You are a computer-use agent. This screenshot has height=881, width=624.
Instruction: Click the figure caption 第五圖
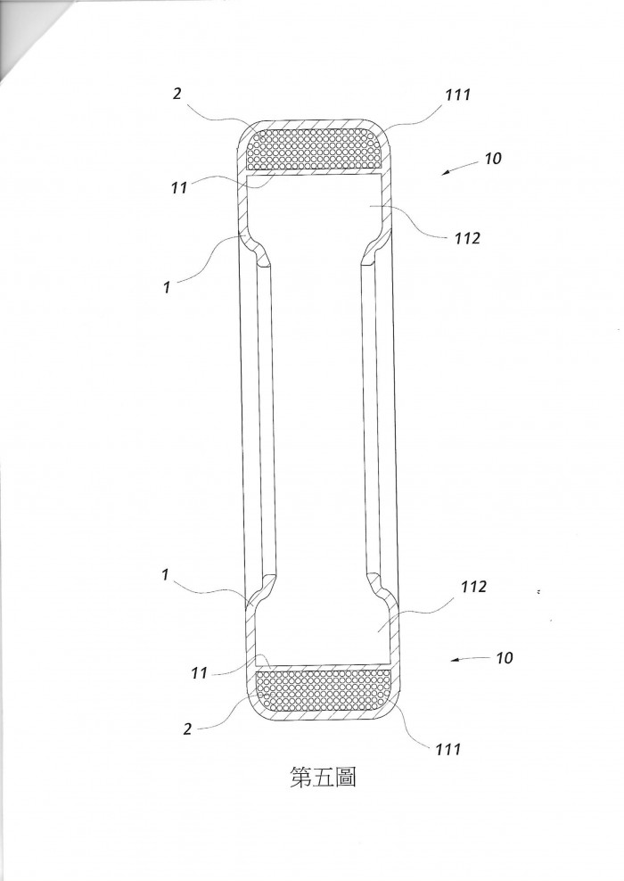(323, 777)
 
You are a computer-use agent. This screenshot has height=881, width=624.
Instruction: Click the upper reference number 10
(492, 159)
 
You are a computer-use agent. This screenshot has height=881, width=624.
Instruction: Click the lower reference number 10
(504, 657)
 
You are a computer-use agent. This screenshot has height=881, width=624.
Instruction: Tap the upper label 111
(458, 95)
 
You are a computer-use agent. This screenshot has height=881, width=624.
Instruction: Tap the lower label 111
(447, 749)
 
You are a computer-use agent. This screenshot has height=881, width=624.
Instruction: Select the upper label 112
(467, 238)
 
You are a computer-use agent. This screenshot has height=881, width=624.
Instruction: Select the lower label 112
(473, 587)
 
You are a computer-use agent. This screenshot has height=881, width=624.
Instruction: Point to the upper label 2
(177, 94)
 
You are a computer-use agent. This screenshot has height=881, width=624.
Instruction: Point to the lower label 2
(187, 729)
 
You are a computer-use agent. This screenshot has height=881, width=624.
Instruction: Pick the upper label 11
(179, 187)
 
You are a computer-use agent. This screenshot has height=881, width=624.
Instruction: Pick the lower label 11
(199, 672)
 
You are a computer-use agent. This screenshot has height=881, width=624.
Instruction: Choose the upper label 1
(166, 287)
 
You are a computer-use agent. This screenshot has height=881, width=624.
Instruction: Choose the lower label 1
(165, 575)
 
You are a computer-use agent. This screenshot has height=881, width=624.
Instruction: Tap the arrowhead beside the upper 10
(445, 173)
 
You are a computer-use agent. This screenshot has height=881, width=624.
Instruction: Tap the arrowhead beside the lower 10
(455, 660)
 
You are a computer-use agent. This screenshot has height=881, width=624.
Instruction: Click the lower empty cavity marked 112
(323, 623)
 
